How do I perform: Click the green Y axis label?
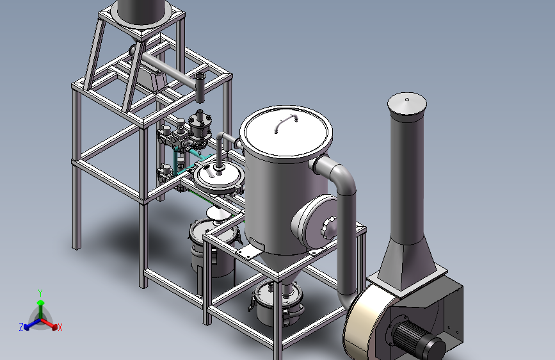coord(40,293)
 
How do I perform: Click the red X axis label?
coord(60,327)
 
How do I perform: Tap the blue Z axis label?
coord(21,327)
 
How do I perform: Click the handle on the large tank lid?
coord(286,123)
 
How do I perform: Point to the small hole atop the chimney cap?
coord(407,99)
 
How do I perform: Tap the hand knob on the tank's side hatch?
coord(329,227)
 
